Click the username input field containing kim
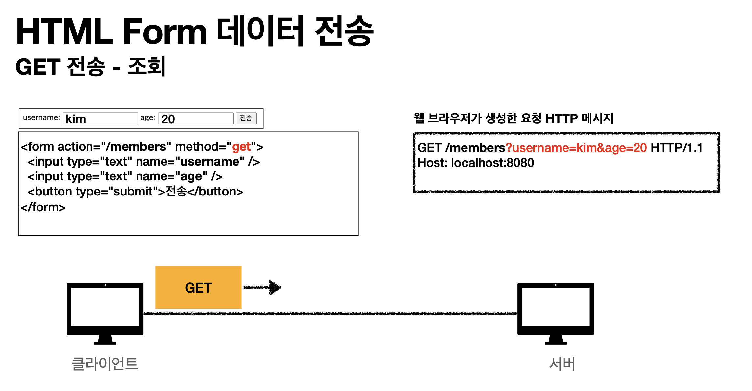[100, 118]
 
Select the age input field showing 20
[195, 118]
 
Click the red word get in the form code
[241, 147]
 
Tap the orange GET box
[198, 287]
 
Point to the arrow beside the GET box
[262, 287]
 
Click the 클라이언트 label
[105, 364]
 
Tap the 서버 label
[562, 364]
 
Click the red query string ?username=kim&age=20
[576, 148]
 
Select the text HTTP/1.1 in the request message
[676, 148]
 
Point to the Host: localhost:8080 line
[476, 163]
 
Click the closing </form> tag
[43, 207]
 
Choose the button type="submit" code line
[135, 192]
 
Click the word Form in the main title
[164, 32]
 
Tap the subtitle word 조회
[146, 66]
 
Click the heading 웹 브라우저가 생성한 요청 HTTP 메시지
[513, 118]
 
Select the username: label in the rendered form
[41, 117]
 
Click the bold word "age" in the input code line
[191, 177]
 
